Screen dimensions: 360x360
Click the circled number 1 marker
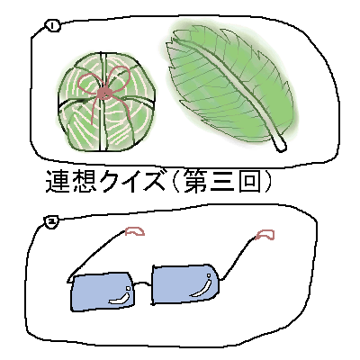[53, 26]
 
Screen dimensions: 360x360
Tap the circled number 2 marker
[51, 221]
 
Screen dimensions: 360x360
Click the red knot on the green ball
[104, 94]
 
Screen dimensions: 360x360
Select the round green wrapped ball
[107, 102]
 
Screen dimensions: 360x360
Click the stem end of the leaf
[282, 148]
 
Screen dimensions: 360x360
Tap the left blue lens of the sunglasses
[102, 292]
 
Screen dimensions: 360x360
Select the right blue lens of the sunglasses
[185, 283]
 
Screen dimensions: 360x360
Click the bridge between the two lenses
[143, 283]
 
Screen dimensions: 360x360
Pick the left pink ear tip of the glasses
[135, 231]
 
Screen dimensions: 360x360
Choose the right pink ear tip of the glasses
[265, 235]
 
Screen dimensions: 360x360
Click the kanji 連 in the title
[58, 182]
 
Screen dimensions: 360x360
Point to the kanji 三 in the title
[222, 182]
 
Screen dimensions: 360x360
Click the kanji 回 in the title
[249, 182]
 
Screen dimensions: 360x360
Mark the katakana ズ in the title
[152, 182]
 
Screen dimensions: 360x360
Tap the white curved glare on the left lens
[120, 299]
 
